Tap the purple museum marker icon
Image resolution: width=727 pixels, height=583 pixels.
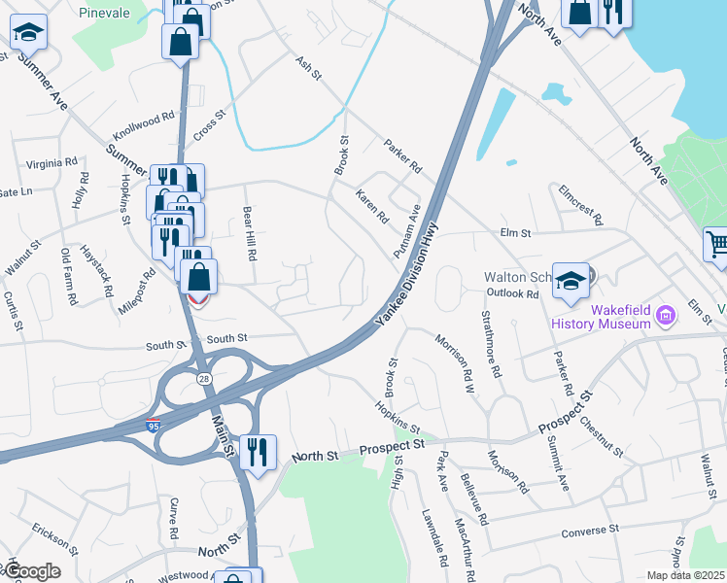pos(666,315)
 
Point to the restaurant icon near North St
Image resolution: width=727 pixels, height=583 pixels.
pos(258,454)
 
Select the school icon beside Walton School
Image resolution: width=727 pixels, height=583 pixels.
pos(571,280)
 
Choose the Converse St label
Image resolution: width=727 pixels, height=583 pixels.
pos(591,531)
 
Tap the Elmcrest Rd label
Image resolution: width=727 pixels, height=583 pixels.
pos(580,203)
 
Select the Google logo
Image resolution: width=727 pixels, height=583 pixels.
pos(31,571)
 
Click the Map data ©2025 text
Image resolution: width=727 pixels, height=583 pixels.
pos(686,575)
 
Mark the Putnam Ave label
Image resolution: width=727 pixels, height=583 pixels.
pos(406,232)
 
